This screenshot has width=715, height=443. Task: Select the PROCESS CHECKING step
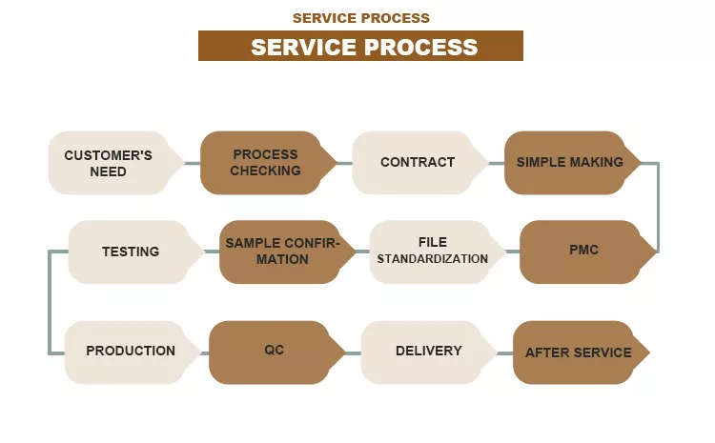265,163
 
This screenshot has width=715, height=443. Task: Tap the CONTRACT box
417,163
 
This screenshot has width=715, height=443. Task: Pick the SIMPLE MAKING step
569,163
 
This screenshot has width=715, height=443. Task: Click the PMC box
582,251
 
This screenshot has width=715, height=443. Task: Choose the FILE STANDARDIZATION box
432,251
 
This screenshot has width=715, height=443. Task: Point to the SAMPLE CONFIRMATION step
280,252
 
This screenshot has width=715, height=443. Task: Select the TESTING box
131,252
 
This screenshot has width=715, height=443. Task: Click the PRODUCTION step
131,351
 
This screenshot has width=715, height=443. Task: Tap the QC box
274,351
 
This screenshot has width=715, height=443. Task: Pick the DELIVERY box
428,351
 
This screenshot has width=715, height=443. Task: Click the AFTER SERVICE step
578,352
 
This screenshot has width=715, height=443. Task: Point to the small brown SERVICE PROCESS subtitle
360,18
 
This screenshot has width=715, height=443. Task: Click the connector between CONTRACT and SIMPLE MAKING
496,163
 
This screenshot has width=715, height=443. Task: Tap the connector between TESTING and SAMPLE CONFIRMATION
212,252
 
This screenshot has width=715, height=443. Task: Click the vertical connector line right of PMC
658,207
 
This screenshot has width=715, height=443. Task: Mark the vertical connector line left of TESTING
50,302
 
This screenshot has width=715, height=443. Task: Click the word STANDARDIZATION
432,259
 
